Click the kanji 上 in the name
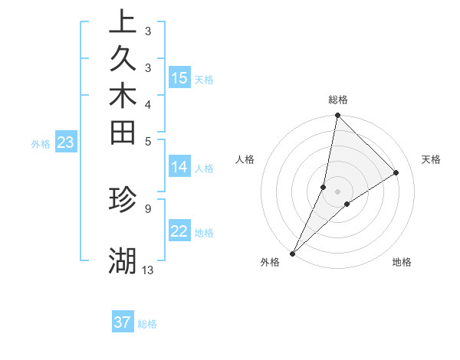pos(123,23)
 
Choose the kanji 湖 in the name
pos(123,261)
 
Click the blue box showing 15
pos(179,78)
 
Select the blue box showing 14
pos(179,167)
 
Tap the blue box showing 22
pos(179,231)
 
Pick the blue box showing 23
pos(66,142)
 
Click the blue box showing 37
pos(123,322)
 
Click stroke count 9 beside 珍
pos(147,207)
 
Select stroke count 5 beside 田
pos(147,140)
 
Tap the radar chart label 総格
pos(338,100)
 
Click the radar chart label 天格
pos(431,159)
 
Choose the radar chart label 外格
pos(270,262)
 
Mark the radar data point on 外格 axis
pos(293,253)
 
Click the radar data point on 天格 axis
pos(396,173)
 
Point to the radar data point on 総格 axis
pos(338,115)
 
